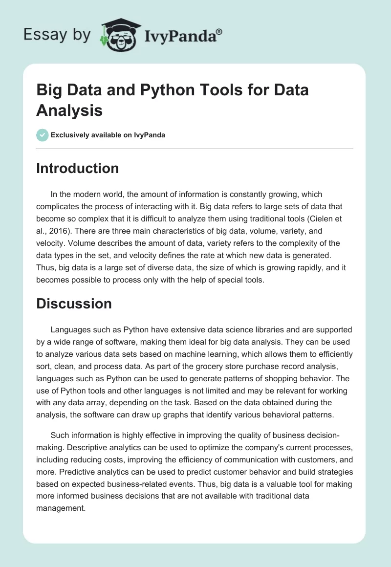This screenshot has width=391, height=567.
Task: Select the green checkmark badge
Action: point(42,135)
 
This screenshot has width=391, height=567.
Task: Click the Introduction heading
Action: point(77,168)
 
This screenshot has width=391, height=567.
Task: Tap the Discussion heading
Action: point(74,304)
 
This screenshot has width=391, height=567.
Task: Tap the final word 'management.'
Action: point(61,508)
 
